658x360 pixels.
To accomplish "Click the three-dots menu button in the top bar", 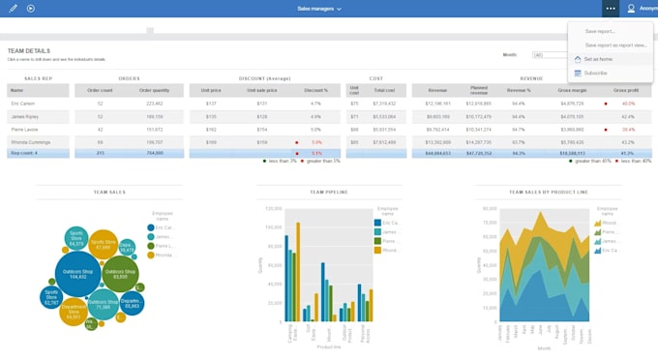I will (x=610, y=8).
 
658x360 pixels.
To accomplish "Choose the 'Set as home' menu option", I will (x=597, y=59).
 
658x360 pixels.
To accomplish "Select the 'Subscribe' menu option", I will (x=595, y=73).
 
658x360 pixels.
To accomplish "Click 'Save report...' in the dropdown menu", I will (x=599, y=31).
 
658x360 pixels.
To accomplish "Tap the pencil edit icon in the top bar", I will (x=13, y=8).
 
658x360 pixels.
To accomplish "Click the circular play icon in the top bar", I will (x=31, y=8).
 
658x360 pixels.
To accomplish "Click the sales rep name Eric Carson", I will (x=23, y=103).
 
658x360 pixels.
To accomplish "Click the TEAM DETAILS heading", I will (x=28, y=50).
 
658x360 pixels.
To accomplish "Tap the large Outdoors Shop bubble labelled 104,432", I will (x=76, y=273).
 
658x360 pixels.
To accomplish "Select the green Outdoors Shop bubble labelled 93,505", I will (x=120, y=274).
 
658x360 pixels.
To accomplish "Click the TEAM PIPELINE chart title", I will (x=329, y=193).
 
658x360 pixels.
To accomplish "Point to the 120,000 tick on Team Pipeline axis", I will (x=272, y=208).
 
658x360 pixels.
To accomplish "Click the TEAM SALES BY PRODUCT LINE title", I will (x=549, y=193).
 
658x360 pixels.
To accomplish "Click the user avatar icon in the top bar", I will (x=632, y=8).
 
